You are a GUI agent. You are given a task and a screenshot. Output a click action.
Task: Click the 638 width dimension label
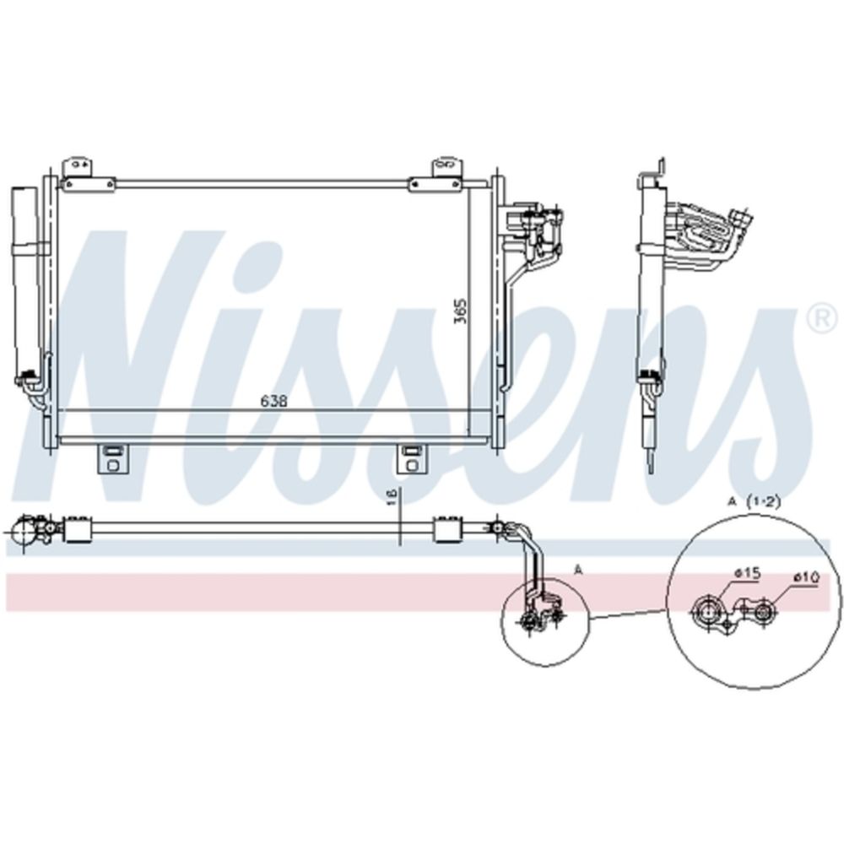tap(274, 402)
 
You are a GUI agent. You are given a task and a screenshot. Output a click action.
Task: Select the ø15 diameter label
tap(748, 573)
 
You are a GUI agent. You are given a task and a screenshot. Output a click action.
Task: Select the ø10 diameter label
tap(806, 578)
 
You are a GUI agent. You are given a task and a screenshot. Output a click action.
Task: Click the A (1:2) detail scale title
tap(753, 501)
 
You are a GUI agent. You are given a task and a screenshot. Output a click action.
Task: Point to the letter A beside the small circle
tap(578, 570)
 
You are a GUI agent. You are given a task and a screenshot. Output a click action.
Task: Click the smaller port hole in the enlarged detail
tap(766, 612)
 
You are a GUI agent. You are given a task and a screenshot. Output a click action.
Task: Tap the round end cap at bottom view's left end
tap(24, 532)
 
